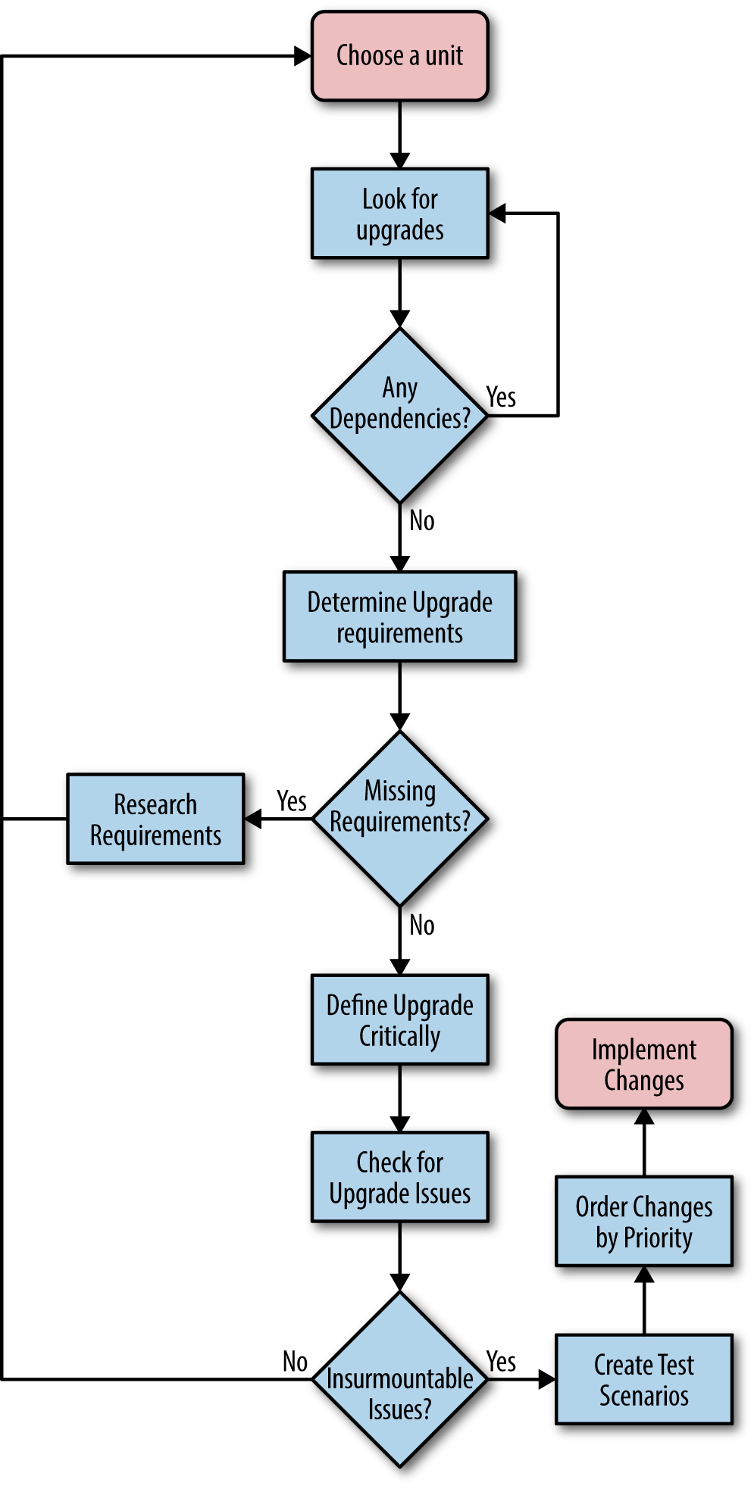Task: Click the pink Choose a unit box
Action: coord(399,56)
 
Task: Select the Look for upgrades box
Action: coord(399,214)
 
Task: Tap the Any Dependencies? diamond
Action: coord(399,415)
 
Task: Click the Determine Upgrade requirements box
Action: coord(399,617)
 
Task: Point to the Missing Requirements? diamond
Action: coord(399,819)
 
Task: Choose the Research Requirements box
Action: coord(155,819)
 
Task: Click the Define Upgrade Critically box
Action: coord(399,1019)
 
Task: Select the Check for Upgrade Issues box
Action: coord(399,1177)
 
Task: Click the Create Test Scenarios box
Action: coord(643,1379)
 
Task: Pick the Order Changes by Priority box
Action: coord(643,1221)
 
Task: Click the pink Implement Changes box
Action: coord(643,1064)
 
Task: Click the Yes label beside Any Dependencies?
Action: coord(501,397)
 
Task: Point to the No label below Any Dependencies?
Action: coord(422,521)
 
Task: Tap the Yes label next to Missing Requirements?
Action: coord(292,801)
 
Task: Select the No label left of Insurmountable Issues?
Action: coord(295,1361)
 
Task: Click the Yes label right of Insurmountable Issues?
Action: coord(501,1361)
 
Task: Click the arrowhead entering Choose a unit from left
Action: coord(303,56)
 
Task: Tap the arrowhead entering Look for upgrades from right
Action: coord(497,214)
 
